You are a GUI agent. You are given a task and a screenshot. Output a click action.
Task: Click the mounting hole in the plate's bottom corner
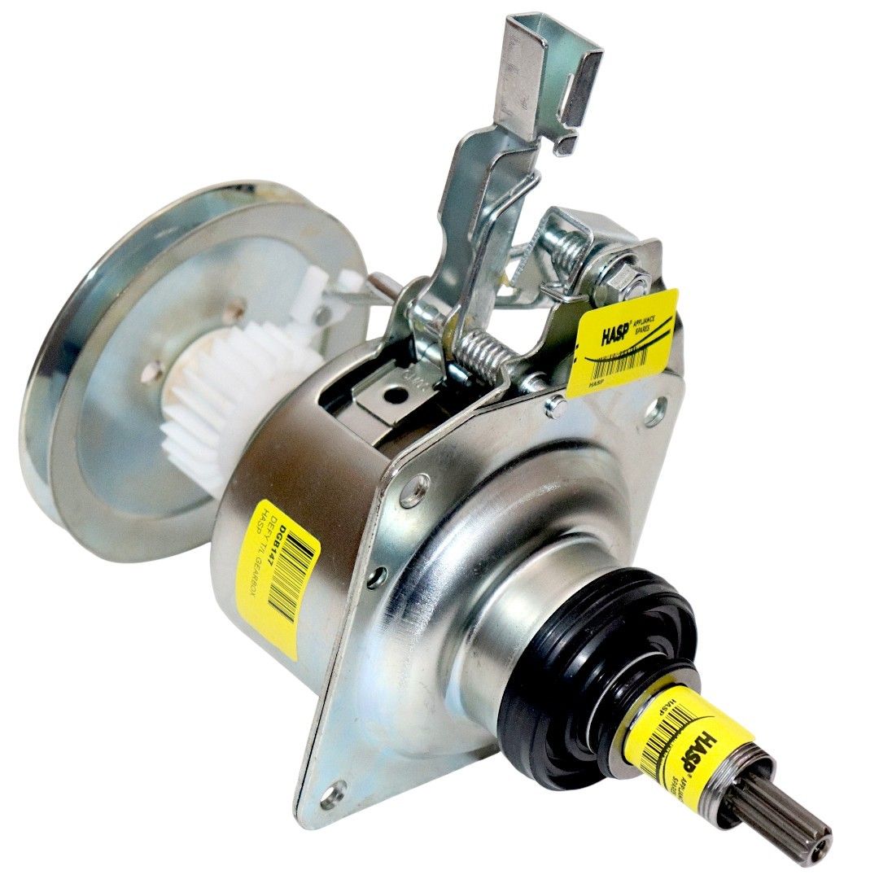[x=332, y=794]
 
